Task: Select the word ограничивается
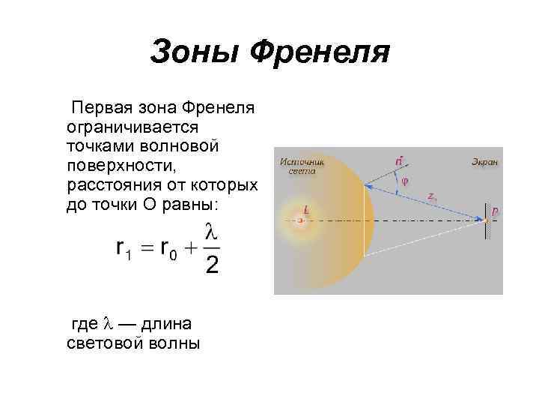132,127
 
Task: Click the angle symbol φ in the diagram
405,181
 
